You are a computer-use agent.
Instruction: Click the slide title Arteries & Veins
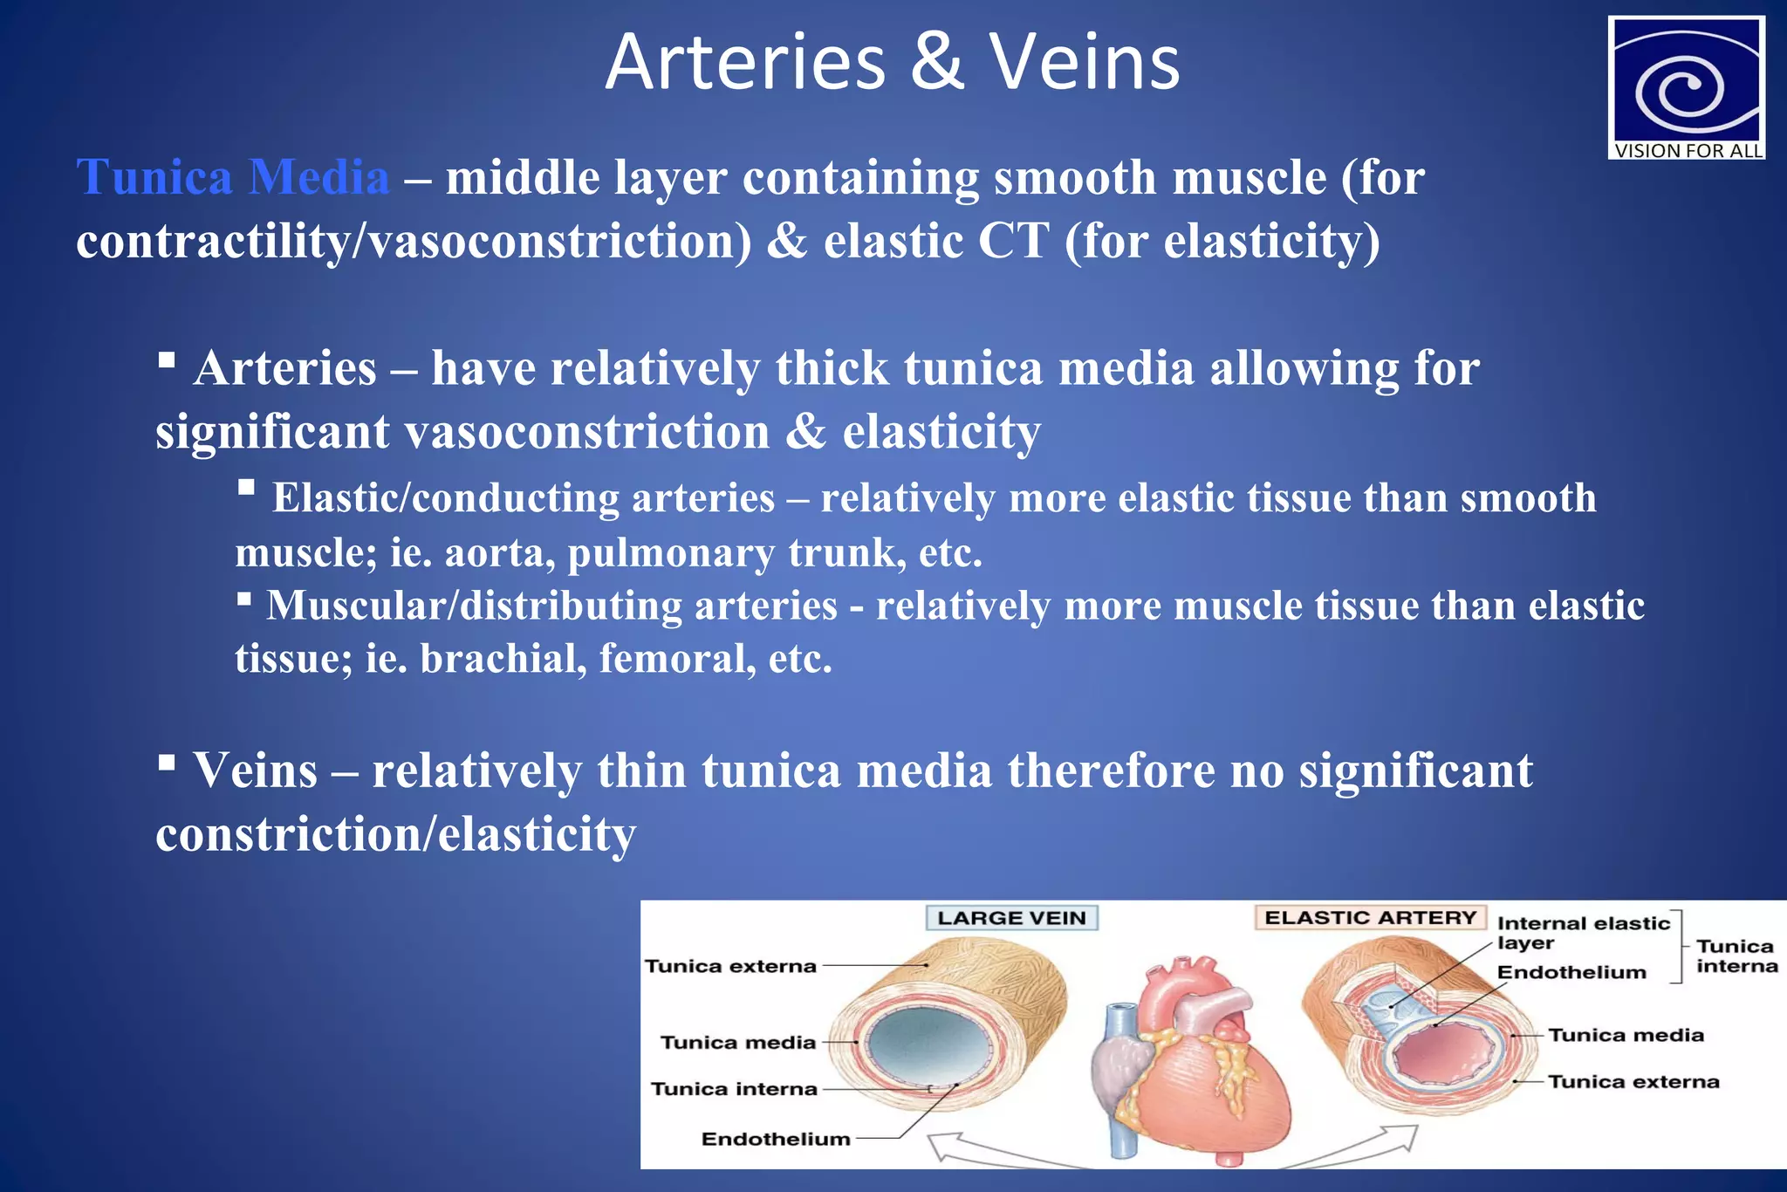[892, 63]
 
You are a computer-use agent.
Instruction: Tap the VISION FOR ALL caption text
[1688, 151]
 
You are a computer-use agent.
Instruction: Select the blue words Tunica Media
[233, 177]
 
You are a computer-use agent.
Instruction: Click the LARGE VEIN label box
[1011, 918]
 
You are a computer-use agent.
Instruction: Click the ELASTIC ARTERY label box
[1370, 918]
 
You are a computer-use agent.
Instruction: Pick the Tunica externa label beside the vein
[730, 966]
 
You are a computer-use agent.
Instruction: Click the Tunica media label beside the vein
[737, 1042]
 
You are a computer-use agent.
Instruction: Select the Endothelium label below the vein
[775, 1139]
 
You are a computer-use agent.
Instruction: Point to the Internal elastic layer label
[1581, 932]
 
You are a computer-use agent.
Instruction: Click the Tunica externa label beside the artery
[1633, 1082]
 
